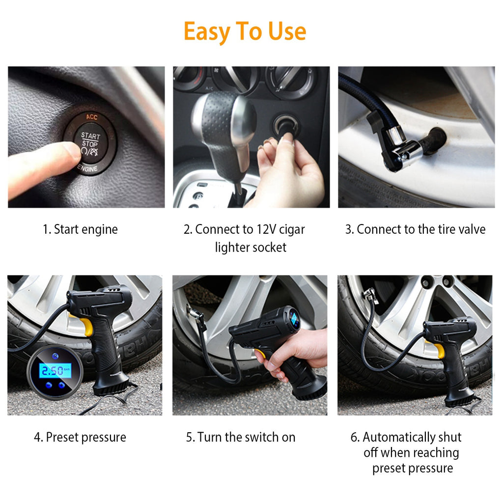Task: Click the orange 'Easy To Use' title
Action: coord(245,31)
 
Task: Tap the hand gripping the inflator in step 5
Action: coord(295,354)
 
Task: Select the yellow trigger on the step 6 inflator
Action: coord(439,349)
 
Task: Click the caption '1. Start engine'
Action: coord(80,229)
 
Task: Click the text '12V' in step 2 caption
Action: coord(268,229)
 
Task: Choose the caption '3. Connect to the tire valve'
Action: coord(415,229)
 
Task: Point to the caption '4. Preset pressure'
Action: coord(80,437)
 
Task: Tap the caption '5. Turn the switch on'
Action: coord(241,437)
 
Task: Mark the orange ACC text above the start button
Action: coord(92,116)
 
